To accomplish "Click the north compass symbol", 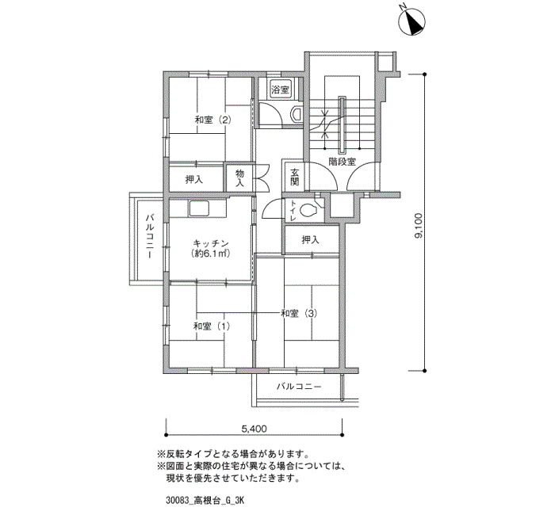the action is (411, 21).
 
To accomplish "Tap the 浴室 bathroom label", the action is (281, 90).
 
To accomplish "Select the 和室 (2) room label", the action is (213, 120).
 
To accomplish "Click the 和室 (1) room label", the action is (212, 326).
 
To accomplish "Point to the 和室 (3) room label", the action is (299, 313).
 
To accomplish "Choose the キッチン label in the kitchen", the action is (211, 243).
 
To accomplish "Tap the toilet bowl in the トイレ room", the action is (308, 210).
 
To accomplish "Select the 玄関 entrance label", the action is (295, 177).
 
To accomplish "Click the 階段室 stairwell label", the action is (342, 162).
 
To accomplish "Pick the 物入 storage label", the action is (240, 178).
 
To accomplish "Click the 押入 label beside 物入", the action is (194, 180).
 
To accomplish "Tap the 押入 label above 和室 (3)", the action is (311, 240).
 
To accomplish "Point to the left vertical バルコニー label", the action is (150, 236).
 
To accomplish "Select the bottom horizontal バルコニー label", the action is (299, 387).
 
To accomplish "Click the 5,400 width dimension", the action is (255, 429).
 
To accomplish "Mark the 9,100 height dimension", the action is (419, 226).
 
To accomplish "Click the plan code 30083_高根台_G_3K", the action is (205, 501).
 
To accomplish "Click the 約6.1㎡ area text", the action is (211, 254).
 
